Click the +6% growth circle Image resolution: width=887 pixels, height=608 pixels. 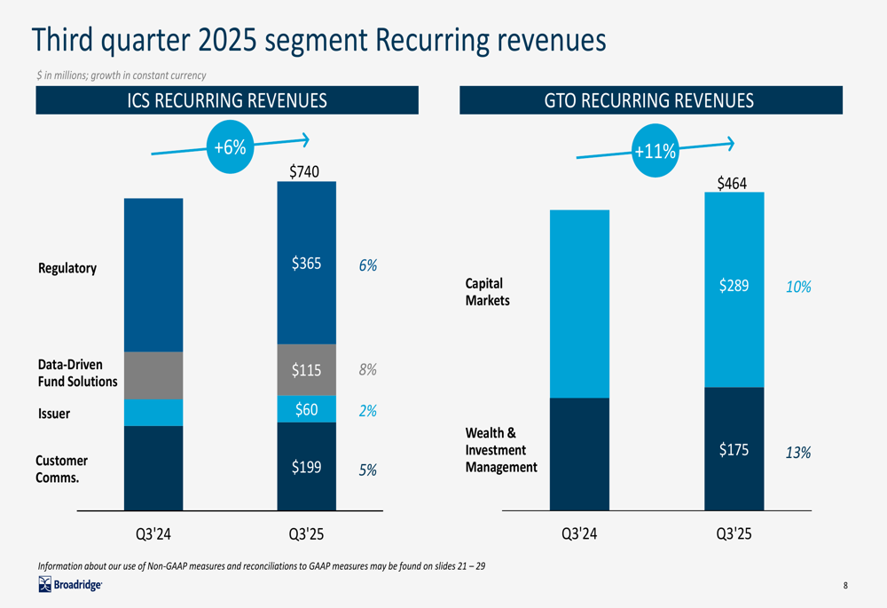(231, 146)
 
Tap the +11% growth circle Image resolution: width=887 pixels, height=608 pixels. (655, 151)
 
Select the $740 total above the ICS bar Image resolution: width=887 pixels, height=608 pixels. (304, 171)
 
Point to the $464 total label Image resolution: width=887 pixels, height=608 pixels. (732, 184)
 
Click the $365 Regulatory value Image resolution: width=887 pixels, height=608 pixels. (307, 264)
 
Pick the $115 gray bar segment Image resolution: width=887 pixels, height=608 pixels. (307, 369)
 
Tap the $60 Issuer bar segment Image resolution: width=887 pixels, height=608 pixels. (307, 408)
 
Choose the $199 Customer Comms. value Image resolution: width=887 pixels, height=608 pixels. (307, 467)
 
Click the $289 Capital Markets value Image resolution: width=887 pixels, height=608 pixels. (734, 285)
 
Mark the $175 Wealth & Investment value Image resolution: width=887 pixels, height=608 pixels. (734, 449)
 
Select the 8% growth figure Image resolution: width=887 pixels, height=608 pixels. (368, 369)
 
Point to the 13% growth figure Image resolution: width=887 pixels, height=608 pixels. (798, 453)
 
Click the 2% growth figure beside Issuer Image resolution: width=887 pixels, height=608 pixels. (368, 410)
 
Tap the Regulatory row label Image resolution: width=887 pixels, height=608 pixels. (67, 268)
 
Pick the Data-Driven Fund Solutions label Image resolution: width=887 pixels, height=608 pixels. (77, 373)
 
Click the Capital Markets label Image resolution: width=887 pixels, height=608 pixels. (487, 291)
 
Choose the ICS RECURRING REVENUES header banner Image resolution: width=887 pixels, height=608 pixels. (227, 100)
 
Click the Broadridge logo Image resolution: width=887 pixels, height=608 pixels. (70, 584)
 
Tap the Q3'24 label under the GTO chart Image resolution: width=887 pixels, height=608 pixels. (579, 533)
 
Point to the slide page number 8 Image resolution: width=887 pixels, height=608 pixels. (845, 585)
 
